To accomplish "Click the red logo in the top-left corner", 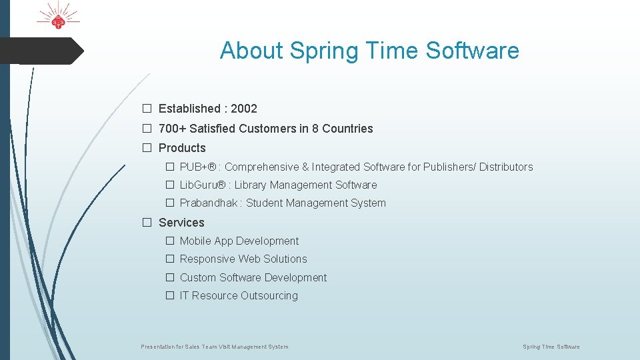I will point(58,18).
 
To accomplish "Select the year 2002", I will point(244,109).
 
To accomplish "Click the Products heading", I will point(182,148).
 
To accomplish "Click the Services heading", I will point(181,223).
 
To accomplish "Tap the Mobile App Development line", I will point(239,241).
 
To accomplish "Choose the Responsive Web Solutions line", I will point(243,259).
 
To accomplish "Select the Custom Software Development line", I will point(253,278).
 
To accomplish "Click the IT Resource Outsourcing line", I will point(239,296).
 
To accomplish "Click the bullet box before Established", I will point(147,109).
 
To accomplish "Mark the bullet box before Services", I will point(147,223).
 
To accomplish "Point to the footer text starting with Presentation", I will point(215,347).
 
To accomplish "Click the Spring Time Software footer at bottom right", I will point(551,347).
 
